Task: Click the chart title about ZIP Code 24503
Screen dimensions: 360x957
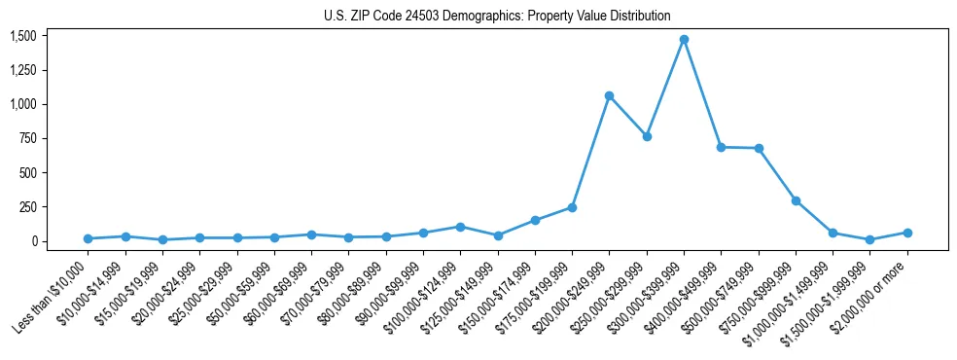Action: (x=497, y=16)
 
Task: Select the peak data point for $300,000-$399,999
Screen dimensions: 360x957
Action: (x=684, y=40)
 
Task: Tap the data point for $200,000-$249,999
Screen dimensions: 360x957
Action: (x=609, y=95)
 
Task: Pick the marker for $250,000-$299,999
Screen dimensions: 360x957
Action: (x=647, y=136)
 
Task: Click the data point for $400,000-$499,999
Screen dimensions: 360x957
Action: (x=721, y=147)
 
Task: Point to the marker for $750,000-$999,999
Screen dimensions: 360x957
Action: (x=796, y=200)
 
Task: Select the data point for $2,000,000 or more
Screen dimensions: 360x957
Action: (x=907, y=233)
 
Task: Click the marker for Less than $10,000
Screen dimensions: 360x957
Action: (x=88, y=238)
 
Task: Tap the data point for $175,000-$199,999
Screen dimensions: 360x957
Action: (x=572, y=207)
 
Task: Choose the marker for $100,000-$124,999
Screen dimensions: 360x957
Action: (x=460, y=227)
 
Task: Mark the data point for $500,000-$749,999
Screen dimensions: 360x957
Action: (x=759, y=148)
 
